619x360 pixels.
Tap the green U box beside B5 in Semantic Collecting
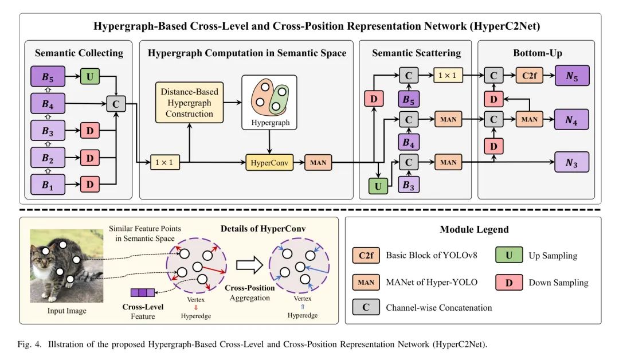[90, 76]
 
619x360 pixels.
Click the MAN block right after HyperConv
[318, 163]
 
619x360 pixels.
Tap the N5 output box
[571, 76]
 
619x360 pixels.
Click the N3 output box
[571, 163]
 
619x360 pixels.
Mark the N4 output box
[571, 119]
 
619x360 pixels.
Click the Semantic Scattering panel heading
[416, 53]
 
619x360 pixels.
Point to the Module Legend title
[474, 229]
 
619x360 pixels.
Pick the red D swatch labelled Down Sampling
[509, 282]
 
